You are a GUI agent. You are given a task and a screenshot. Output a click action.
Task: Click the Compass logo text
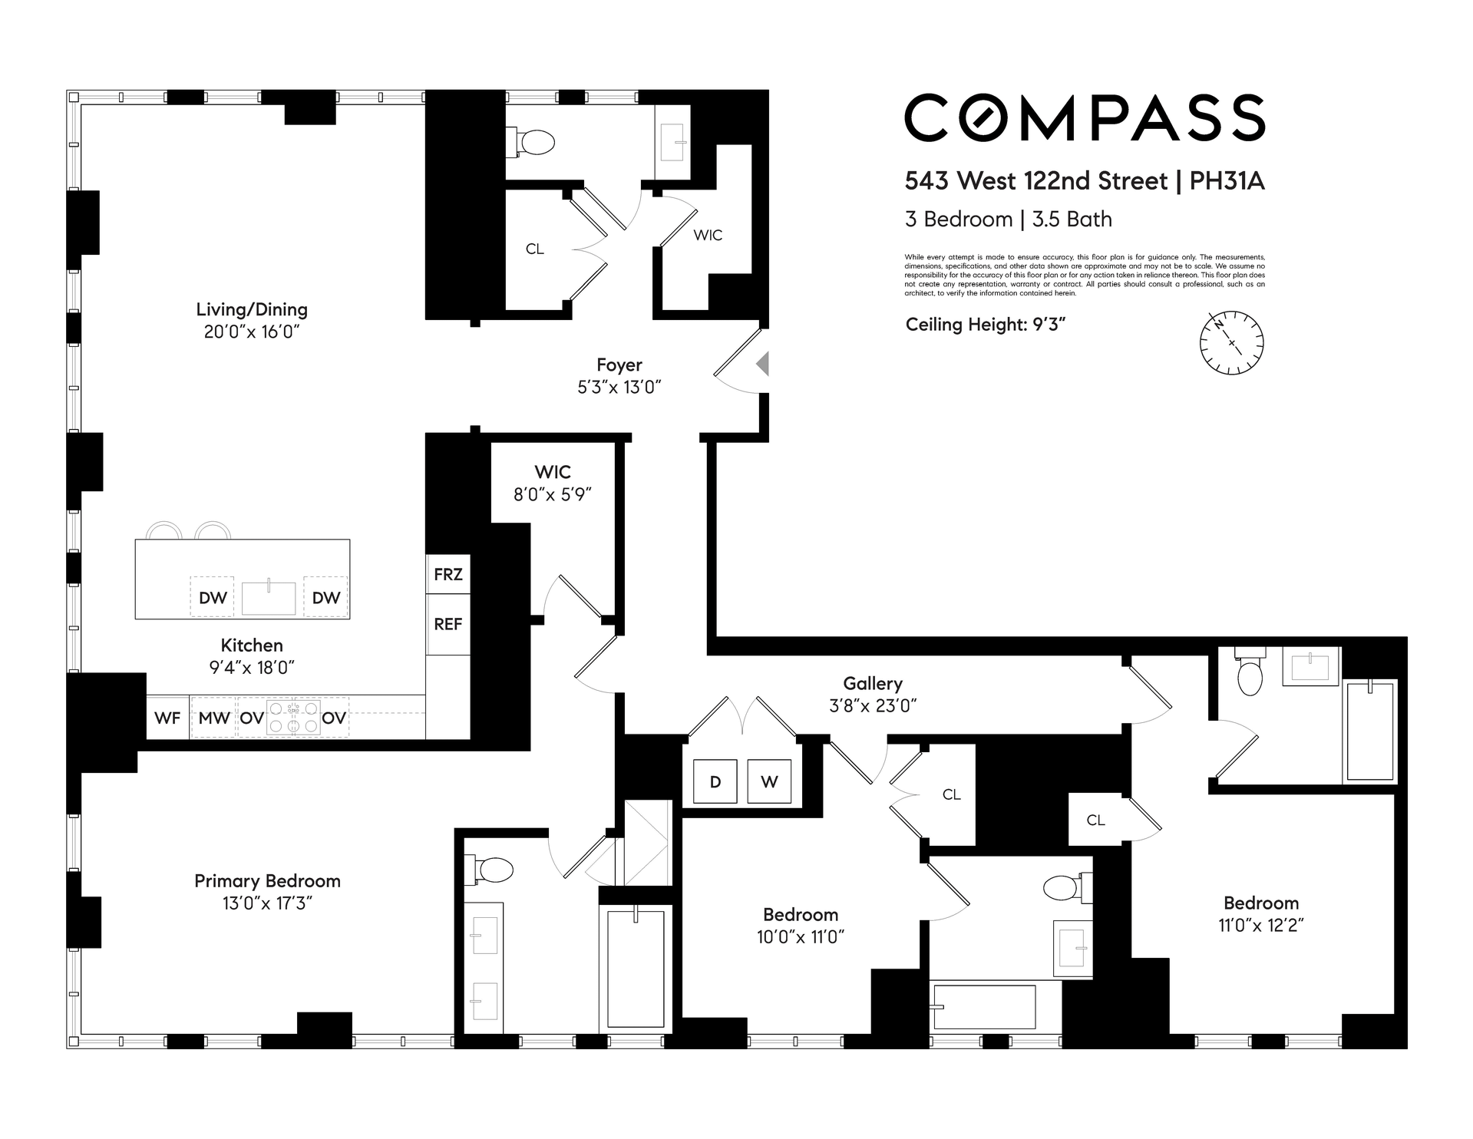tap(1085, 117)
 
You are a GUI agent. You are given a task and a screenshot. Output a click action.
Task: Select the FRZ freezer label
tap(448, 574)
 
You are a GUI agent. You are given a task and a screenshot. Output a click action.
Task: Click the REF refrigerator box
tap(448, 625)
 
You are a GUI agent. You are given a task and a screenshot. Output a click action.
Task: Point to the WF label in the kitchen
tap(167, 718)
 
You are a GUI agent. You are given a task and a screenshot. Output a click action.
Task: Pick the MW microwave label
tap(214, 718)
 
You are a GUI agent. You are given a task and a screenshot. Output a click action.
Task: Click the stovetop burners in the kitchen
tap(293, 718)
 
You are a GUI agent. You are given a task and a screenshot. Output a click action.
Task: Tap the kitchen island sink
tap(269, 598)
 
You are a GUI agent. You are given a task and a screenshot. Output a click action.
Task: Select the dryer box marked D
tap(715, 781)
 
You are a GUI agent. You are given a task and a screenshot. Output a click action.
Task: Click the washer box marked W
tap(769, 781)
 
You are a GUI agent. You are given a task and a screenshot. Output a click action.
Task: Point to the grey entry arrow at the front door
tap(762, 363)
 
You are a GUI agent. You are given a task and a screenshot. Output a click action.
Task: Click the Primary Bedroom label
tap(267, 880)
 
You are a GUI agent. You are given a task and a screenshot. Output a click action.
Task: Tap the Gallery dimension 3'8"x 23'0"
tap(873, 705)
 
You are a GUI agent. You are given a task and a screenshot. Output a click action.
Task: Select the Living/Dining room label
tap(252, 309)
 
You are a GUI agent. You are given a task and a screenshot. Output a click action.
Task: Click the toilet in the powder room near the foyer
tap(530, 142)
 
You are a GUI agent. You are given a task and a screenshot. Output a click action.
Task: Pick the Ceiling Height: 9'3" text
tap(986, 325)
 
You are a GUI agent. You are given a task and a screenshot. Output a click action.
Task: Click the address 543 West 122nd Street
tap(1036, 181)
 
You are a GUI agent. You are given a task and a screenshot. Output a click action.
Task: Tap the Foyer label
tap(619, 365)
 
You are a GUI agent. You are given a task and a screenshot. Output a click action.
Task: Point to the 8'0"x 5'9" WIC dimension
tap(553, 494)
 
